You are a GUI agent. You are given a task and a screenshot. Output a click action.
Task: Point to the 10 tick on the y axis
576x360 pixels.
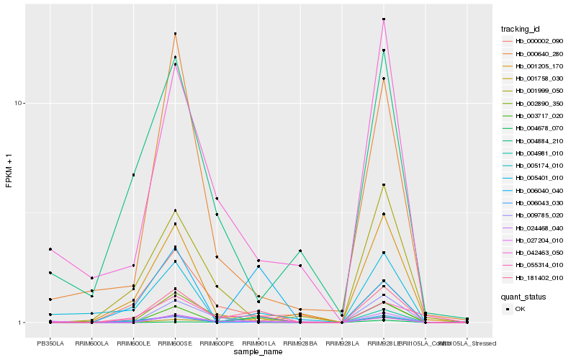click(x=20, y=103)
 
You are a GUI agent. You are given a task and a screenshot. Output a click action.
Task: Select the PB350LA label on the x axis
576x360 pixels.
click(x=50, y=343)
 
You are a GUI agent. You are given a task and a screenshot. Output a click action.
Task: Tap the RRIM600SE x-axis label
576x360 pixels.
click(x=175, y=343)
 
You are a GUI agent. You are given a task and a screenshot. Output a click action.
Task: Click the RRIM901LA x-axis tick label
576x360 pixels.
click(x=258, y=343)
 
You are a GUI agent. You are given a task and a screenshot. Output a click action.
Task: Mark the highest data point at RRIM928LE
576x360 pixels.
click(x=384, y=19)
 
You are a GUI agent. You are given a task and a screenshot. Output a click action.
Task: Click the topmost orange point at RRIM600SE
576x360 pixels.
click(x=175, y=34)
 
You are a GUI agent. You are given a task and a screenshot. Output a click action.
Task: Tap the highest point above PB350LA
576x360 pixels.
click(x=50, y=249)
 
